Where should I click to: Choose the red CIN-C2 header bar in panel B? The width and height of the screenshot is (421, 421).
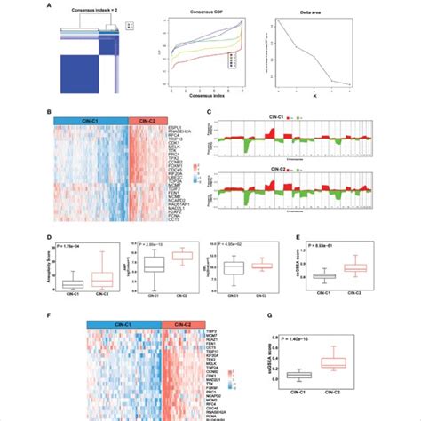pyautogui.click(x=147, y=120)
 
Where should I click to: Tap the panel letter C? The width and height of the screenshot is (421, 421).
pyautogui.click(x=210, y=113)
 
